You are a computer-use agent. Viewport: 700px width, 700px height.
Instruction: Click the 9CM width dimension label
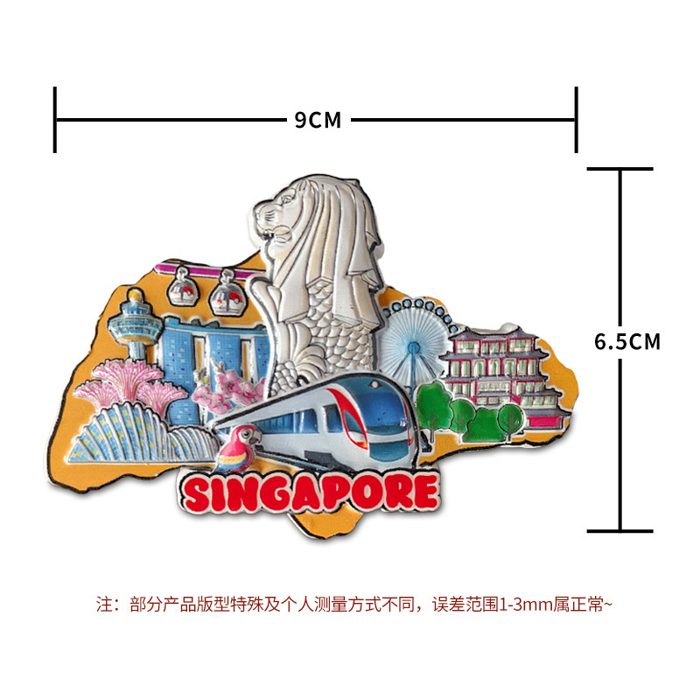tap(318, 120)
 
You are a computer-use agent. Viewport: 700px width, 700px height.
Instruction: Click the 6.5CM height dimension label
tap(627, 341)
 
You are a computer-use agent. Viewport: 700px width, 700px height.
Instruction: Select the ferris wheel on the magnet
tap(411, 341)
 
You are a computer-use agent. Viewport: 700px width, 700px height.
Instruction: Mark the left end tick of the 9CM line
tap(55, 120)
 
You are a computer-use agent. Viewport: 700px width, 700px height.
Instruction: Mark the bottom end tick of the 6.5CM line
tap(620, 530)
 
